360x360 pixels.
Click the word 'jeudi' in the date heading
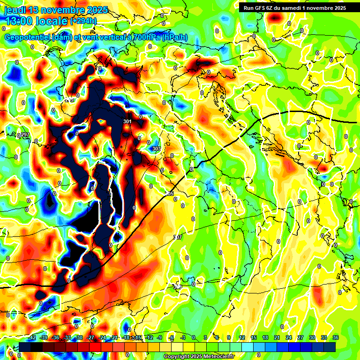pos(15,10)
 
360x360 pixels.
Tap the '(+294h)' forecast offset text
pos(84,21)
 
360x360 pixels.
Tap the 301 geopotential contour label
pos(127,122)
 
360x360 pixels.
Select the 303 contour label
pos(157,149)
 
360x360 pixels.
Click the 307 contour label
pos(177,238)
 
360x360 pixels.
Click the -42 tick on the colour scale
pos(32,338)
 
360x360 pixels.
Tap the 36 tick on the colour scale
pos(336,338)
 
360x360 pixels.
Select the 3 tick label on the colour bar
pos(205,338)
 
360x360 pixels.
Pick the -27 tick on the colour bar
pos(90,338)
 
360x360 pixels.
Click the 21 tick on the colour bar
pos(277,338)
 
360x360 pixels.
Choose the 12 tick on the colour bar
pos(241,338)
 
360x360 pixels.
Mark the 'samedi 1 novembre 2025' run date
pos(313,7)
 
